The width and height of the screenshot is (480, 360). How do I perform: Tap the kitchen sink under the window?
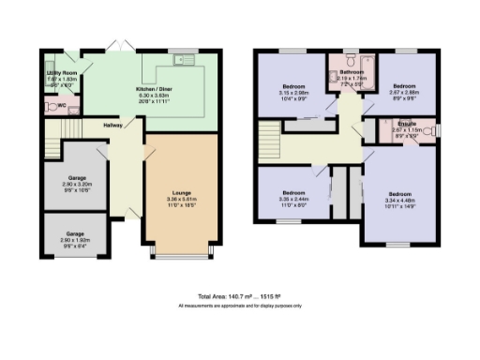pyautogui.click(x=183, y=61)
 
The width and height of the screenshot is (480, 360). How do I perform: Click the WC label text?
pyautogui.click(x=62, y=105)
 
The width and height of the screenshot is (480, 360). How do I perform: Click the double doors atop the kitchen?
pyautogui.click(x=116, y=48)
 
